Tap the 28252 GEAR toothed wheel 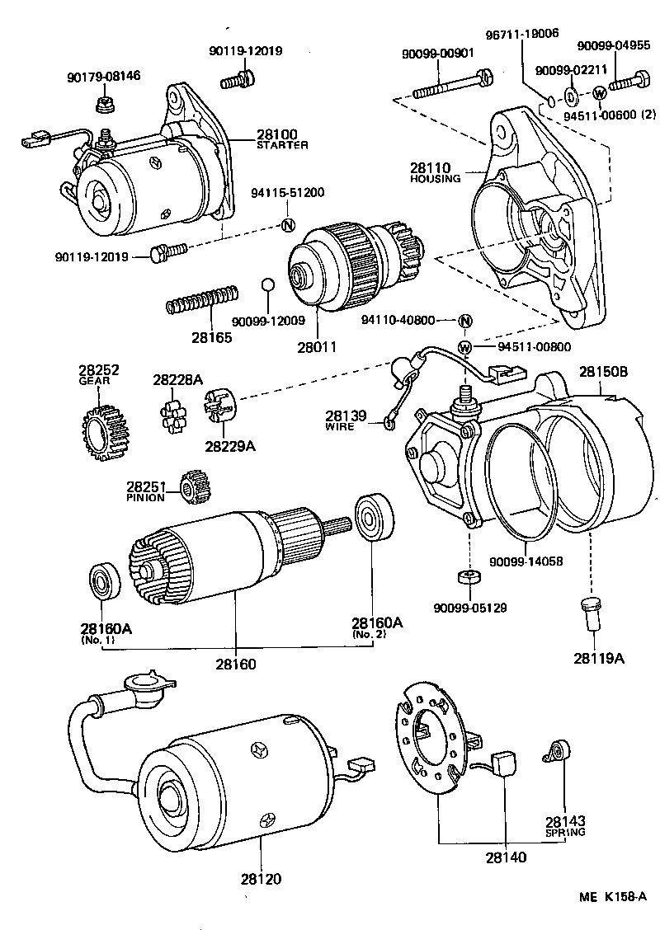pyautogui.click(x=101, y=429)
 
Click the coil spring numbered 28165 pyautogui.click(x=203, y=299)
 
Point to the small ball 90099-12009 pyautogui.click(x=266, y=284)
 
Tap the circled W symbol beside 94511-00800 pyautogui.click(x=464, y=347)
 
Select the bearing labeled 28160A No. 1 pyautogui.click(x=105, y=582)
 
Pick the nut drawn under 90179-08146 pyautogui.click(x=104, y=104)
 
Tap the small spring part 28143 pyautogui.click(x=556, y=751)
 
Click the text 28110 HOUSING pyautogui.click(x=435, y=172)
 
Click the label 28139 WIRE pyautogui.click(x=345, y=420)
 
